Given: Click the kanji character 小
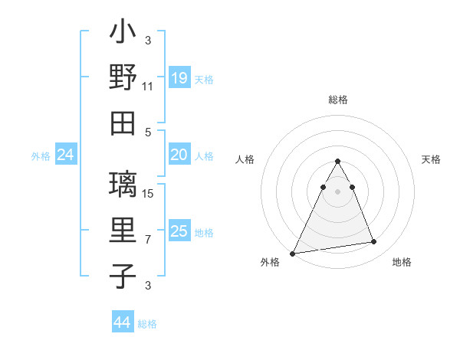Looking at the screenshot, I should click(123, 33).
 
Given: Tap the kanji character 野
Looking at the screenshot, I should click(123, 78).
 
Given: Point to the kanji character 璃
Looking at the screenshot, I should click(123, 186).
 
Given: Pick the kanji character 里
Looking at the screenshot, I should click(123, 231).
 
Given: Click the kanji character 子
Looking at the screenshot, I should click(123, 277).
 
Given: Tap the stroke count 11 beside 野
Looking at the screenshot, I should click(148, 87).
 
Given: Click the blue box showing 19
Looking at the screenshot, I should click(179, 78).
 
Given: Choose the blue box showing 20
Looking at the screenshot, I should click(179, 155).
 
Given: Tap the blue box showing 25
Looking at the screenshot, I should click(179, 231).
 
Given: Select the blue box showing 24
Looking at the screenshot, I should click(65, 155).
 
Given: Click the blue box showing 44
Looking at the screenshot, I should click(122, 322).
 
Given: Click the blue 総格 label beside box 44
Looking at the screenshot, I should click(147, 324).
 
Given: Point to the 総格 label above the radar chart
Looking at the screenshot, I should click(338, 100).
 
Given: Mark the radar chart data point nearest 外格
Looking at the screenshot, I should click(293, 253).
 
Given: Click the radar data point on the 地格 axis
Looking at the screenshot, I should click(374, 242).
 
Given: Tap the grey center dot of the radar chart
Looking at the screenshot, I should click(338, 191).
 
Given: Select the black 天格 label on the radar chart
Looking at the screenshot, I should click(431, 159).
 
